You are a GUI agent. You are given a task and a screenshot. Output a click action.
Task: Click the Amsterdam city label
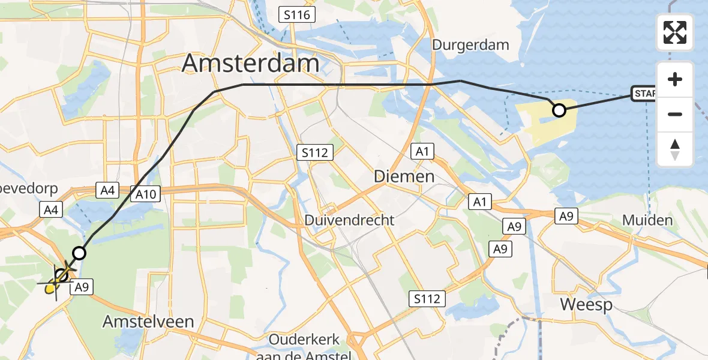point(250,62)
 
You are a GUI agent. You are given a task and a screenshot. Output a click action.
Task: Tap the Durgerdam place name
point(470,44)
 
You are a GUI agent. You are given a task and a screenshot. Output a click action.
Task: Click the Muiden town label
point(647,220)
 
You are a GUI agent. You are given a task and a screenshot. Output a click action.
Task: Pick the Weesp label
point(586,304)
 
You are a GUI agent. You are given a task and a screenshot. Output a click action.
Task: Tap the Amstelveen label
point(148,322)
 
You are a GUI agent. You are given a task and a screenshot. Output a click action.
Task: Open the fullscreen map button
point(675,32)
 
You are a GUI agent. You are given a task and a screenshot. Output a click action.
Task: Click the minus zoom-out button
point(675,114)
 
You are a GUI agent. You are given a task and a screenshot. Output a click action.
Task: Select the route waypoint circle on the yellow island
point(559,110)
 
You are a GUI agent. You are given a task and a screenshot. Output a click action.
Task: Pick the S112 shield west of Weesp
point(427,298)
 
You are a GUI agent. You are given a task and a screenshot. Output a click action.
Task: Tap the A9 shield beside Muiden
point(565,216)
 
